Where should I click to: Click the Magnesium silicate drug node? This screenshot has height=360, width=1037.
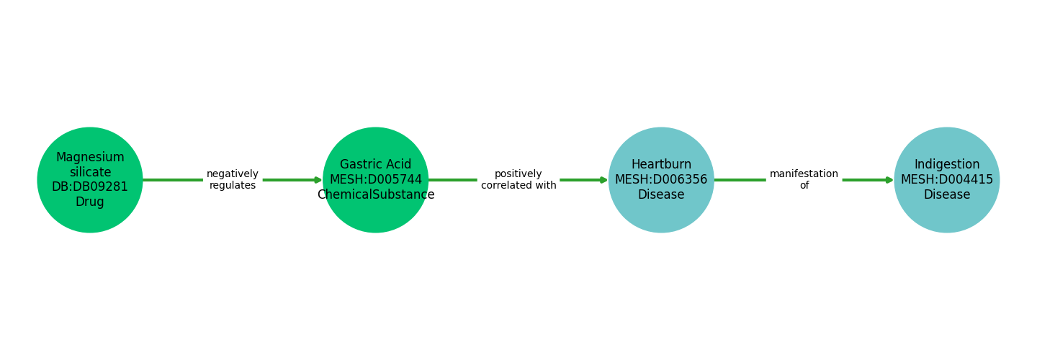(x=90, y=180)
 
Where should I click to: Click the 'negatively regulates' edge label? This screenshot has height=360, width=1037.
(x=233, y=180)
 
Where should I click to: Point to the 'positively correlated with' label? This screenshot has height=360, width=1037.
(x=518, y=180)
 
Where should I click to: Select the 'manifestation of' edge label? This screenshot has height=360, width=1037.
(x=804, y=180)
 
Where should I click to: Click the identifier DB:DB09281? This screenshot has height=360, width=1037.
(x=90, y=187)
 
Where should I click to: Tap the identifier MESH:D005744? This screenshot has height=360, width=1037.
(x=375, y=180)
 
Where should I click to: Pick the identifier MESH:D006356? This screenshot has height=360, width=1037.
(x=661, y=180)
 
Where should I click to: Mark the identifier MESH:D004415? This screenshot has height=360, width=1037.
(x=947, y=180)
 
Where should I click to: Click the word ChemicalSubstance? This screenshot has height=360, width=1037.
(x=375, y=195)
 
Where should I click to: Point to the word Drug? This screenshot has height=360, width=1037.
(x=90, y=202)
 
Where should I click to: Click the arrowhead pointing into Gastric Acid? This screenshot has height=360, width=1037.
(x=318, y=180)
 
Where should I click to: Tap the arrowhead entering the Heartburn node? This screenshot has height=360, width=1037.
(x=603, y=180)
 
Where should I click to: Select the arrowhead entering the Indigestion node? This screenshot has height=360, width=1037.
(x=889, y=180)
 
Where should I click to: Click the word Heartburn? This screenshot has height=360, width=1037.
(x=661, y=165)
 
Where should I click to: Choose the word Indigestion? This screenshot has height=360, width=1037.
(x=947, y=165)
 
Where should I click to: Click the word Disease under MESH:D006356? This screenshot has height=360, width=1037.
(x=661, y=195)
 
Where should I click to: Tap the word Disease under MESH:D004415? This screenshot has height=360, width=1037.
(x=947, y=195)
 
